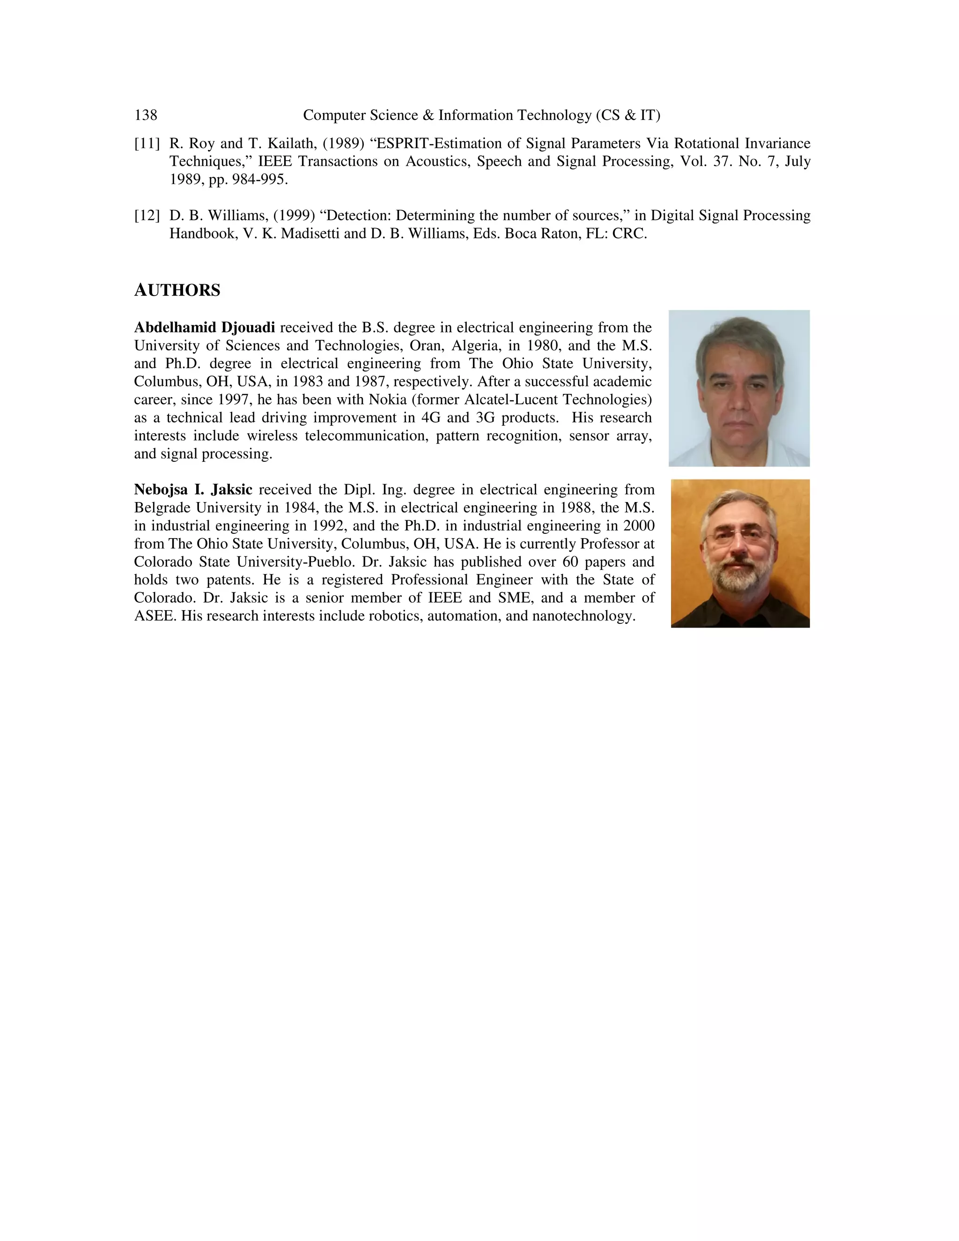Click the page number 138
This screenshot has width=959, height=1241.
click(146, 115)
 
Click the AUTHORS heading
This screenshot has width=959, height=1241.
click(177, 290)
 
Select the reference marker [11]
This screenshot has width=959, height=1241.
click(147, 143)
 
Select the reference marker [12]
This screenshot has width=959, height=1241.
click(147, 216)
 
